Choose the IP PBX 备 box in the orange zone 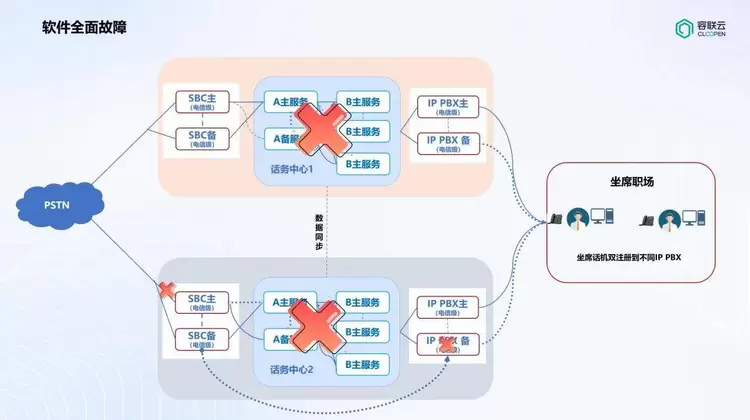[447, 143]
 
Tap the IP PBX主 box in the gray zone [447, 307]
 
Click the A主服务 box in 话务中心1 [288, 102]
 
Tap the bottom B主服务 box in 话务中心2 [360, 365]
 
